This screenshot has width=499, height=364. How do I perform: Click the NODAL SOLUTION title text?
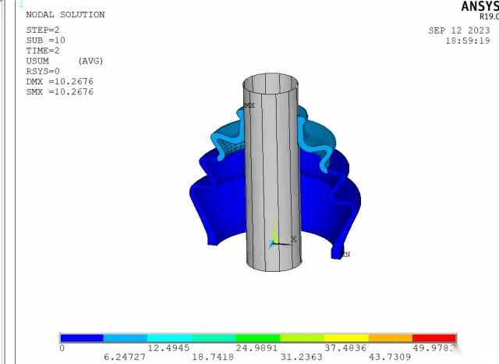(x=65, y=15)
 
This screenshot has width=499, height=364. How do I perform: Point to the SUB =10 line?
(x=45, y=40)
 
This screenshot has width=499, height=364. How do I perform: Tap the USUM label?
(x=39, y=61)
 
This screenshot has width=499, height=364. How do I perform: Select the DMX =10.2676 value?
(x=59, y=81)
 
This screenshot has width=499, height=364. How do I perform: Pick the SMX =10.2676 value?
(x=59, y=91)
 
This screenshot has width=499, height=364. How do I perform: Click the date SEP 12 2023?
(x=458, y=30)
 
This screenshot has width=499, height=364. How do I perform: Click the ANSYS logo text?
(x=478, y=6)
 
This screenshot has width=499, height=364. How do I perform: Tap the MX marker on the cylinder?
(x=249, y=105)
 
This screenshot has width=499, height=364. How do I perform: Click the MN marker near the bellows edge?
(x=345, y=254)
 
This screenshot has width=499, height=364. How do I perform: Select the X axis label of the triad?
(x=293, y=239)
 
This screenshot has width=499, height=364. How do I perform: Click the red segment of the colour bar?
(x=434, y=338)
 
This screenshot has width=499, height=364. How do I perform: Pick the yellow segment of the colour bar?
(x=345, y=338)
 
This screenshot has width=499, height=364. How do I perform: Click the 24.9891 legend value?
(x=258, y=347)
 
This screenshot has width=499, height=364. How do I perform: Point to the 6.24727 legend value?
(x=125, y=355)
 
